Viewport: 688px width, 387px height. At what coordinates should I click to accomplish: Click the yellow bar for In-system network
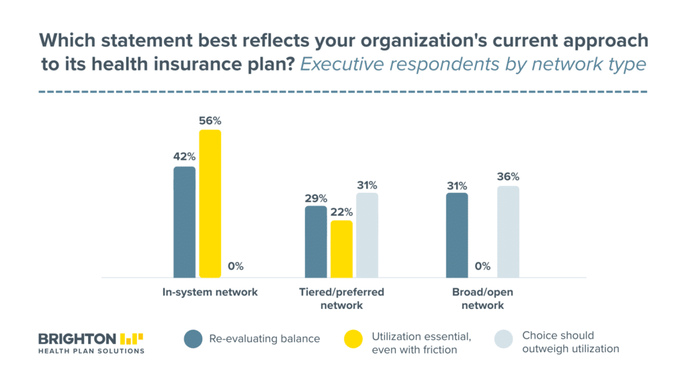coord(210,204)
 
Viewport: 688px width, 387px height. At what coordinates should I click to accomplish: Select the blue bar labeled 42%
coord(184,222)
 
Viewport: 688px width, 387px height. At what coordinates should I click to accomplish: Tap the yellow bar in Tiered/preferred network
coord(341,249)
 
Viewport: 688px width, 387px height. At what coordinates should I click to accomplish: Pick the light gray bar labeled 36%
coord(508,232)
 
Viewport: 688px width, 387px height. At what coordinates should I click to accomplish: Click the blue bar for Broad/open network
coord(457,235)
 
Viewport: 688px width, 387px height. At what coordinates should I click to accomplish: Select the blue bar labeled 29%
coord(316,242)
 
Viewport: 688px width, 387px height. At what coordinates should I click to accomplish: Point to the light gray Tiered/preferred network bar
coord(368,235)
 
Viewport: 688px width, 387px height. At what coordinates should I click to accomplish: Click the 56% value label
coord(210,121)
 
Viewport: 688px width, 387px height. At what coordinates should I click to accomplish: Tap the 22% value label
coord(341,212)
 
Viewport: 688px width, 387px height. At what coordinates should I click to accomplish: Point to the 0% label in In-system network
coord(236,266)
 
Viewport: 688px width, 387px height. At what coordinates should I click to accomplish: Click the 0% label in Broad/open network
coord(482,266)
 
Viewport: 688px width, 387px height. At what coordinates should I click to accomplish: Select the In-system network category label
coord(210,292)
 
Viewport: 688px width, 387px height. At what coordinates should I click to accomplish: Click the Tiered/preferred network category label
coord(341,298)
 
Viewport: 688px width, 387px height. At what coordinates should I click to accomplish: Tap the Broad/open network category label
coord(482,298)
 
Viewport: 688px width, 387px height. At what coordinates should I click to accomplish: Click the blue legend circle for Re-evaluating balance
coord(193,339)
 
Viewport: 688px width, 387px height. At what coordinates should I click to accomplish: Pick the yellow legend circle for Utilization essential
coord(353,339)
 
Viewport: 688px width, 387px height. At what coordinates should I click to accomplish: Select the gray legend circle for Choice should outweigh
coord(504,339)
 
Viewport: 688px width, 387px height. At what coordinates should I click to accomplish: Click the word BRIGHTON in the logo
coord(77,339)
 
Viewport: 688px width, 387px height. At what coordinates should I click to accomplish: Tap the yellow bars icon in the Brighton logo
coord(132,339)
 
